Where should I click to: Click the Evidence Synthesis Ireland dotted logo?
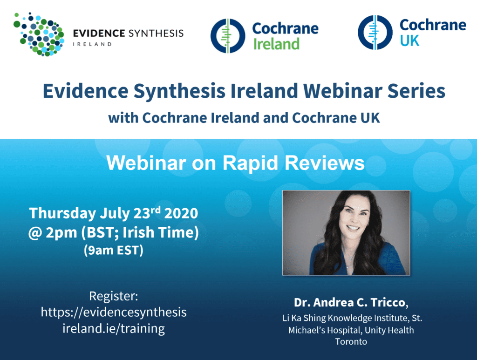point(39,34)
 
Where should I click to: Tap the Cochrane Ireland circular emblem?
point(228,36)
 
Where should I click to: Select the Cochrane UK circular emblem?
point(375,33)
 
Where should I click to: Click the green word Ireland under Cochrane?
point(276,44)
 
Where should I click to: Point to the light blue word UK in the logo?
point(409,41)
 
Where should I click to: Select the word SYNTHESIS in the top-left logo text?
point(156,33)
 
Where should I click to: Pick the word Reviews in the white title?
point(324,163)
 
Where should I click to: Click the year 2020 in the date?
point(181,213)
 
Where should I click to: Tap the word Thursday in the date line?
point(62,213)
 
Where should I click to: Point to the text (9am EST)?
point(114,250)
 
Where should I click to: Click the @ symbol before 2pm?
point(35,233)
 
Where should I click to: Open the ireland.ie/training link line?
point(114,329)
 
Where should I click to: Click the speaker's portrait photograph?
point(346,232)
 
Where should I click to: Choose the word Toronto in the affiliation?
point(351,341)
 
